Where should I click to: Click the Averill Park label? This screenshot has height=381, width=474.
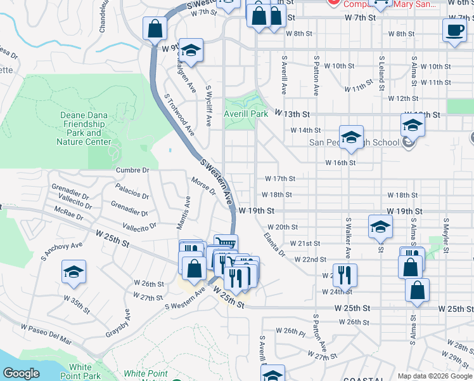click(x=246, y=114)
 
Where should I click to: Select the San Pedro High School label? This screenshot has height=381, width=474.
click(x=355, y=142)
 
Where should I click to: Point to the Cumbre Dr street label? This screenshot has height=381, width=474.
click(x=132, y=170)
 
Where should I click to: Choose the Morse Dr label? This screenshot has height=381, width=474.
click(x=203, y=187)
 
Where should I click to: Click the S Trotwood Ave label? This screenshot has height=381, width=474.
click(x=179, y=115)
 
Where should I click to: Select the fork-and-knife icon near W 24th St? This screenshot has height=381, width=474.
click(x=345, y=274)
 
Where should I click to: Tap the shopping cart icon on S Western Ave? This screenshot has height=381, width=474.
click(x=226, y=243)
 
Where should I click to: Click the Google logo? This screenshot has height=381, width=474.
click(x=21, y=373)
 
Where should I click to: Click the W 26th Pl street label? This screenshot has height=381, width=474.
click(x=291, y=331)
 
